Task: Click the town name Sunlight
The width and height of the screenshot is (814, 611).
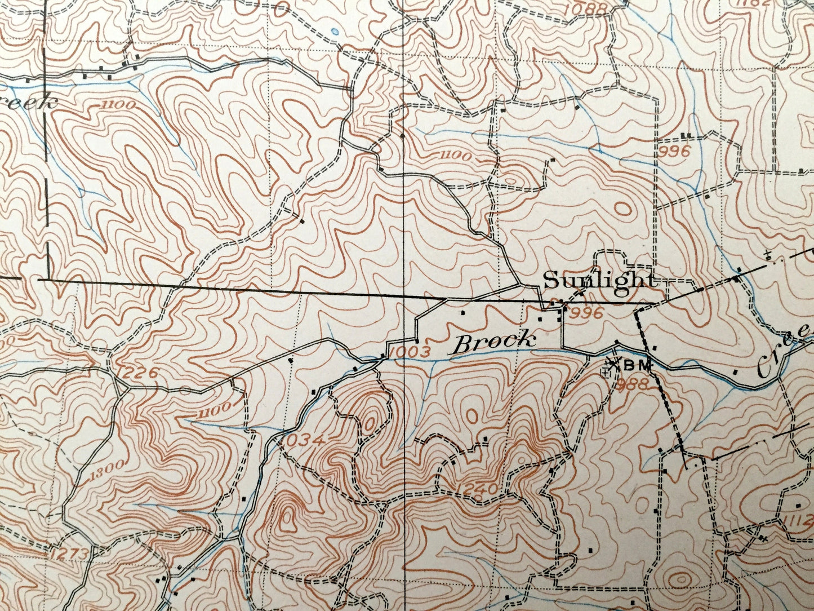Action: (x=599, y=281)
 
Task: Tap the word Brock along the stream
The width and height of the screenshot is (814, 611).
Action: (x=495, y=342)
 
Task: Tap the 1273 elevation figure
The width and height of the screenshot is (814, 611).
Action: (x=69, y=554)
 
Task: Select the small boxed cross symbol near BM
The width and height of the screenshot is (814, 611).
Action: (x=606, y=373)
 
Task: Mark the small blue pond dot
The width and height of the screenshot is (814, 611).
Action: (x=336, y=32)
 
